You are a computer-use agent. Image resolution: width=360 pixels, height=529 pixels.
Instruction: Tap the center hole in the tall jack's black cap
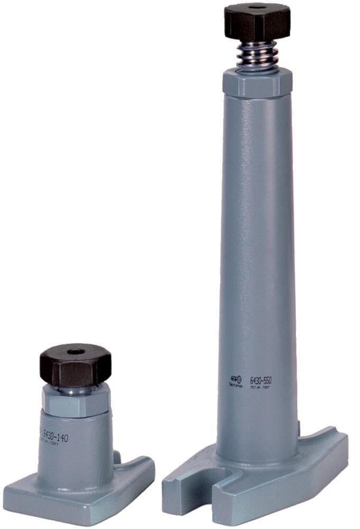point(257,7)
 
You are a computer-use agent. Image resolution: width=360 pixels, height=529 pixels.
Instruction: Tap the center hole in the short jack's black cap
point(75,351)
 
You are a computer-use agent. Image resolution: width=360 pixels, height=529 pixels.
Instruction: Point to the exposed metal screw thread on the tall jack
point(257,56)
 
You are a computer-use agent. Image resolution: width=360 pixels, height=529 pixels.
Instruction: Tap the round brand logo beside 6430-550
point(237,379)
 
